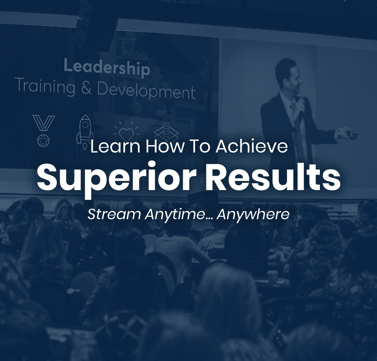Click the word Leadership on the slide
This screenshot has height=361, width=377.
[x=107, y=68]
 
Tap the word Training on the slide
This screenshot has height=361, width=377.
[x=45, y=87]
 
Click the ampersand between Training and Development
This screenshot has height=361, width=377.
[x=86, y=88]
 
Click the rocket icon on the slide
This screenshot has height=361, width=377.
[x=85, y=132]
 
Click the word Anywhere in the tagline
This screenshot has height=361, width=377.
[x=253, y=215]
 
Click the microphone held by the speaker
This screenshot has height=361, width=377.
[x=301, y=108]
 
